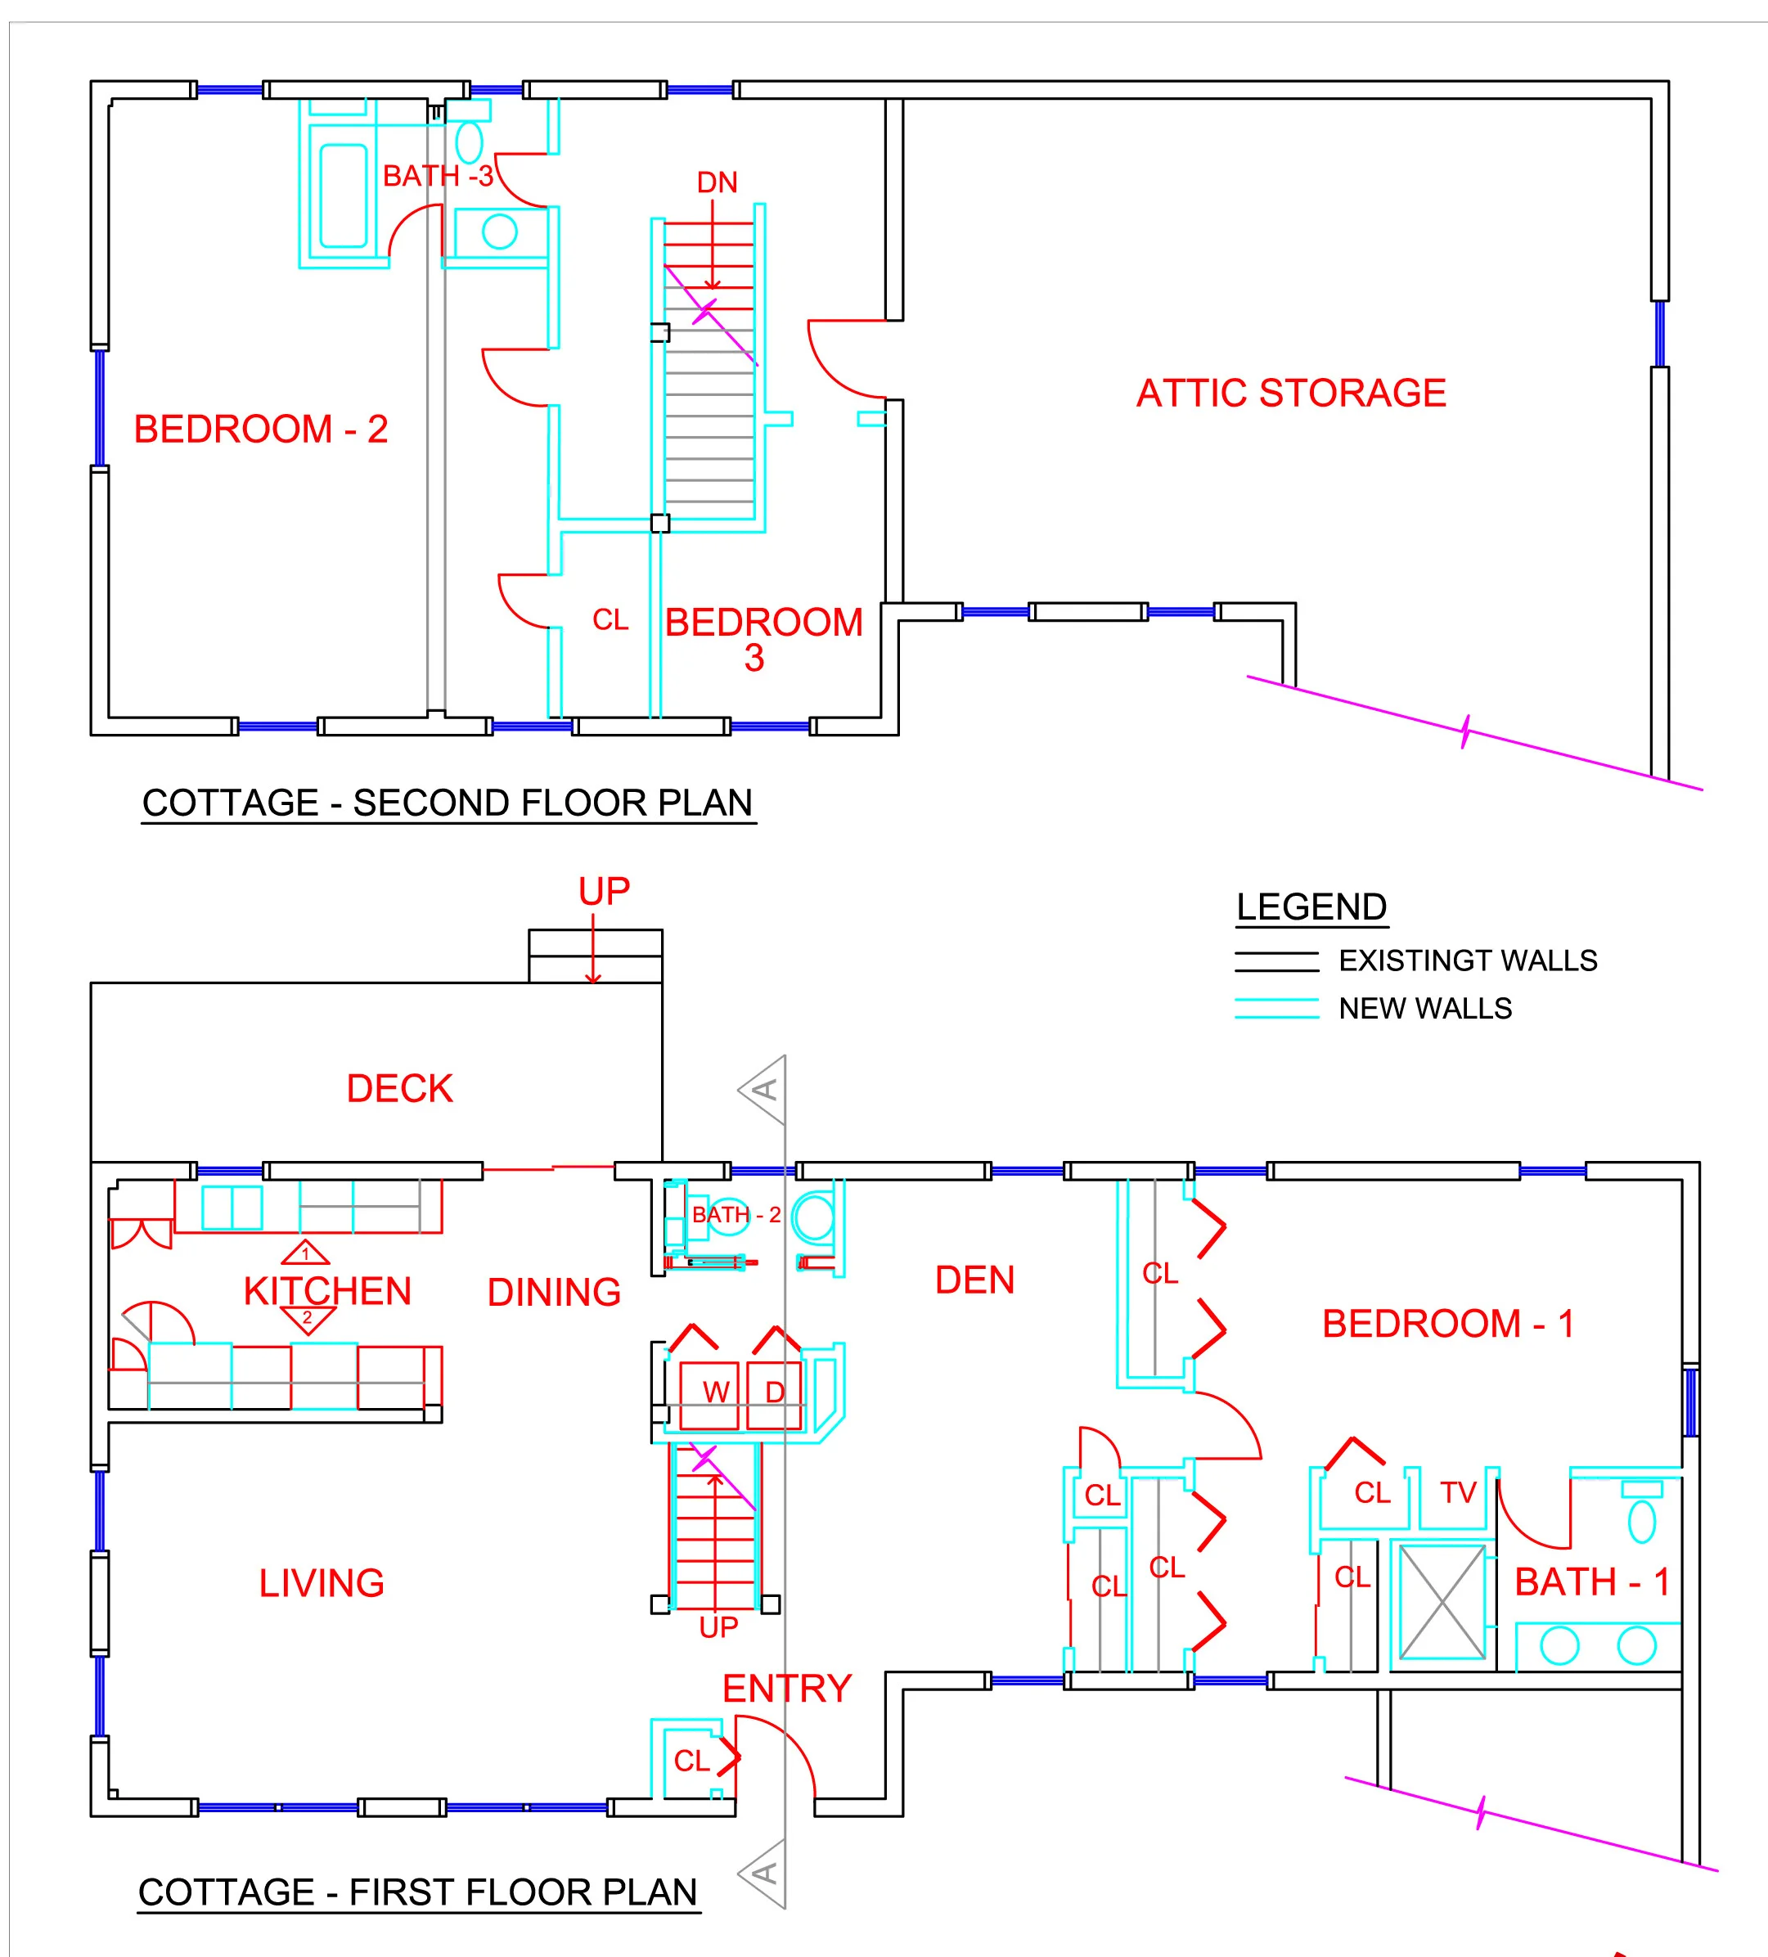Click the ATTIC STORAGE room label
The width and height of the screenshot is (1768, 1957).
(1290, 394)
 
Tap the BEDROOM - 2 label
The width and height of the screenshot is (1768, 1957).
(260, 429)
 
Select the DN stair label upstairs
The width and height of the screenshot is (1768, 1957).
(717, 182)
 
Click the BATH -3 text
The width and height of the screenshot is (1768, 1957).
(437, 177)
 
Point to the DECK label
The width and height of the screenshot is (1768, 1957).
(399, 1088)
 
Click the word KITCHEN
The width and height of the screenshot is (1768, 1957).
(327, 1291)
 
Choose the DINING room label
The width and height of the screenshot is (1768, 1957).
(553, 1292)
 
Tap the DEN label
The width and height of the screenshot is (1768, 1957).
(974, 1280)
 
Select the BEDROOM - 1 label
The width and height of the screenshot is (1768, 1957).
(1446, 1323)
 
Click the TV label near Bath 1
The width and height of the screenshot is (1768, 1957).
(1457, 1492)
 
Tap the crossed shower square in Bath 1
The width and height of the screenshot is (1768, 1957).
(1442, 1603)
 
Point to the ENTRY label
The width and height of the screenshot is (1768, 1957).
(786, 1689)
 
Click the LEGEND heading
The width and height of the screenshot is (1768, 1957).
(1311, 907)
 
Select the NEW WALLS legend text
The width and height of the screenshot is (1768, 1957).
(1424, 1009)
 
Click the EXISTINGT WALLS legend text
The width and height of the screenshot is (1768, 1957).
(1467, 961)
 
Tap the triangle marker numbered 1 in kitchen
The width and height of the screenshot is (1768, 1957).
(305, 1253)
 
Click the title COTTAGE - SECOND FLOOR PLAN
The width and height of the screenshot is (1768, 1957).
(448, 803)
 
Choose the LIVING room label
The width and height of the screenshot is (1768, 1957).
(322, 1583)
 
